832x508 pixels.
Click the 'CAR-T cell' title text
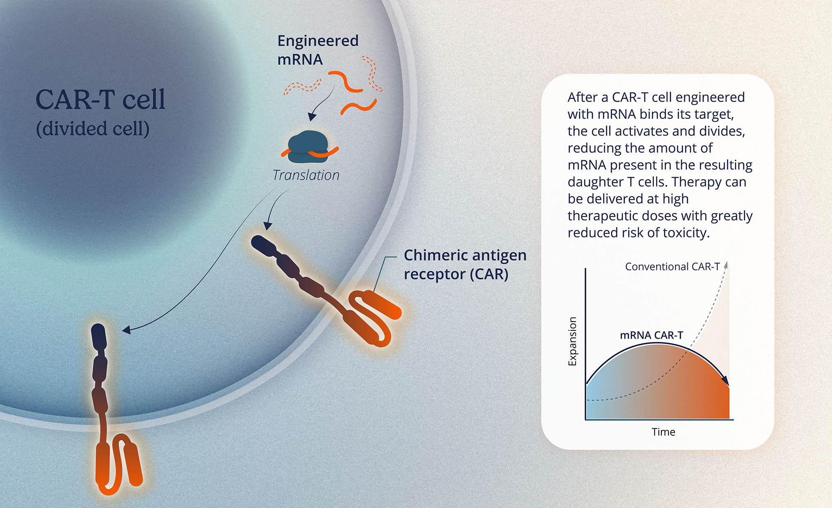point(100,99)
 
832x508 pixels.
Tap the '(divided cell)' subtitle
point(93,128)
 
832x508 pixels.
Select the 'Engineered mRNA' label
point(318,50)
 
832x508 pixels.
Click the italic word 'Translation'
point(306,175)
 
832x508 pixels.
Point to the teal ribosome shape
point(308,146)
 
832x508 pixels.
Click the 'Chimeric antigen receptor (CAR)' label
point(465,265)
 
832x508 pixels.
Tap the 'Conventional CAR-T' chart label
point(672,266)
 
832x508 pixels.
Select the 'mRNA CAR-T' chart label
point(651,335)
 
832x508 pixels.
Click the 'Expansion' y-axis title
point(572,341)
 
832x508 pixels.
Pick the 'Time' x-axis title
point(663,432)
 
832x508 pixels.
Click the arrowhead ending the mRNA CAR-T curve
point(725,380)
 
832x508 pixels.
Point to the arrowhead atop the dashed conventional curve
point(726,265)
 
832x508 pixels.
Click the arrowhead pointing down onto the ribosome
point(312,116)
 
